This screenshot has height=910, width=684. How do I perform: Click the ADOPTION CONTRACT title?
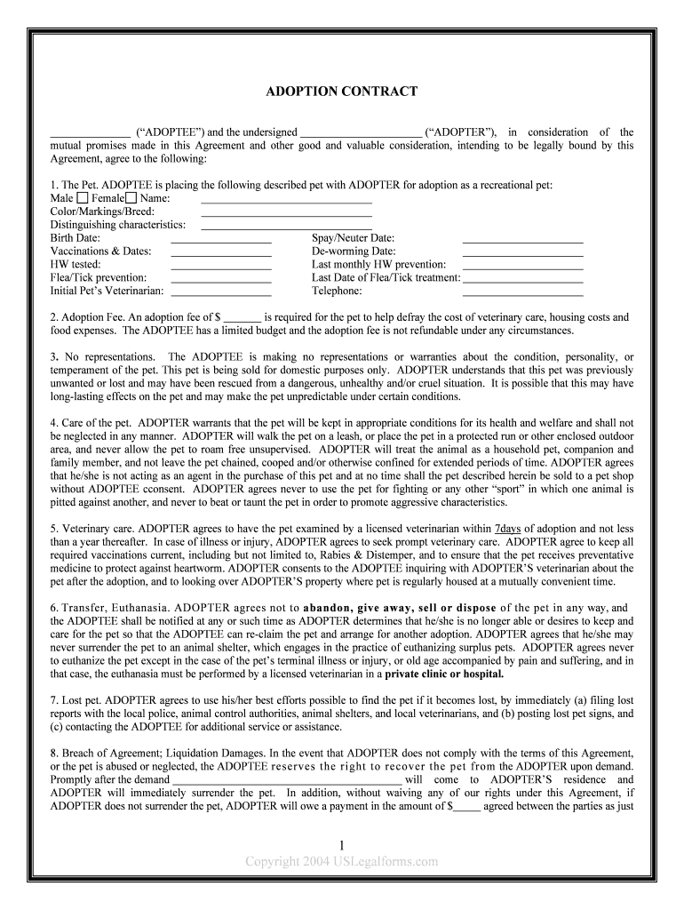pos(342,92)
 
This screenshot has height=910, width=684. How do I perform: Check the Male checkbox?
pos(83,198)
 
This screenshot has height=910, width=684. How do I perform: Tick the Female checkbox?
pos(131,198)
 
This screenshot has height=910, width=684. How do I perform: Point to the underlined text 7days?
pos(507,528)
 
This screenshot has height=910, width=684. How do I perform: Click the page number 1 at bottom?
pos(342,845)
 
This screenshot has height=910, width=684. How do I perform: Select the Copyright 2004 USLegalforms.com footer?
pos(342,861)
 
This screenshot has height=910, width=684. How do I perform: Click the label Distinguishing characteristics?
pos(117,225)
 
